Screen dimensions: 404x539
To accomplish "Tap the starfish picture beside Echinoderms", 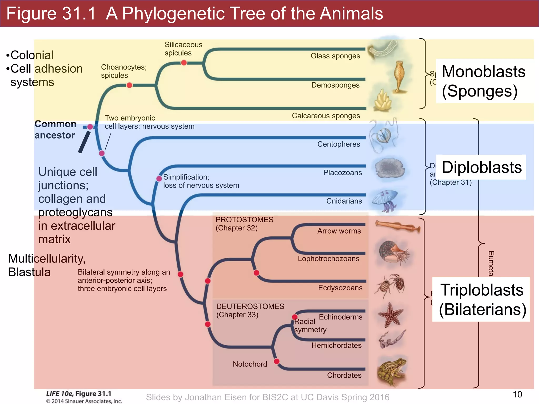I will (390, 315).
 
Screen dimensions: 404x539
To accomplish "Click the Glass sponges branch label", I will (335, 56).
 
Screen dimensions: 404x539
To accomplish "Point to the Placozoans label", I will (342, 173).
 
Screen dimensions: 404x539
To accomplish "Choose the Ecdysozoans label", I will (340, 288).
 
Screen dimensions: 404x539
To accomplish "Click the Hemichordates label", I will (336, 346).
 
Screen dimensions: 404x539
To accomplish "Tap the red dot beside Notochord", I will (277, 361).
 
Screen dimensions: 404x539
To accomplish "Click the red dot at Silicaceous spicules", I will (184, 63).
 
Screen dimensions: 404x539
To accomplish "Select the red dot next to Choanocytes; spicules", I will (129, 85).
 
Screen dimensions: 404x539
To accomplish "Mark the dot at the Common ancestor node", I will (90, 127).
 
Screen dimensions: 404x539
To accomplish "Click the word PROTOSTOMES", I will (244, 220).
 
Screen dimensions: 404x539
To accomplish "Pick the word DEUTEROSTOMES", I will (250, 307).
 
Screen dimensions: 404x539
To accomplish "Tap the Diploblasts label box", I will (481, 168).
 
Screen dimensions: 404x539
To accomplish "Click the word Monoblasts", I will (483, 72).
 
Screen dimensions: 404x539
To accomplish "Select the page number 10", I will (517, 395).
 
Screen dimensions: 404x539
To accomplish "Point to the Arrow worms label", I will (339, 231).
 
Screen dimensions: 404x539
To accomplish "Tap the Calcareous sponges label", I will (326, 116).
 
